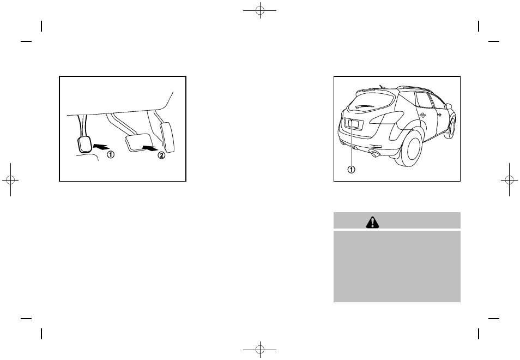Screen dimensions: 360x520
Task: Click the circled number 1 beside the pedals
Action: click(111, 154)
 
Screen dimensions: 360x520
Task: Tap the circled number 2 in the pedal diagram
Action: click(161, 155)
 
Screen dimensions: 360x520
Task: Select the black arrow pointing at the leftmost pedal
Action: click(102, 146)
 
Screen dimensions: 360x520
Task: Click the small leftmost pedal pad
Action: click(84, 145)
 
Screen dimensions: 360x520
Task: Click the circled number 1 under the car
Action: click(352, 169)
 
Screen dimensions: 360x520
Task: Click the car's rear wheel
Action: click(412, 150)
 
